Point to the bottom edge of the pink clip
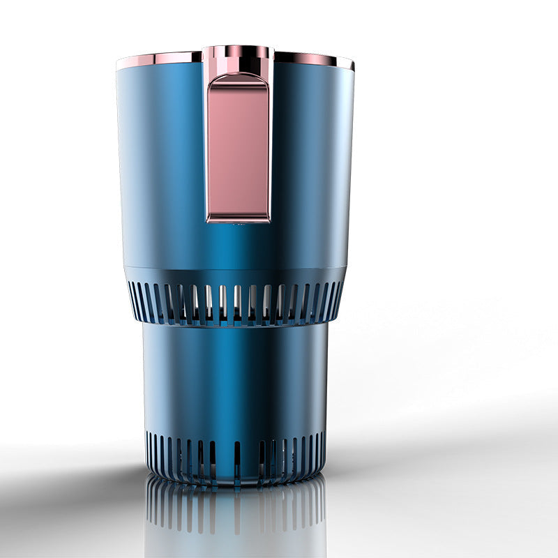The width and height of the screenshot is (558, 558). (x=238, y=219)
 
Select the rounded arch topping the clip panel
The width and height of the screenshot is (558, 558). (x=238, y=78)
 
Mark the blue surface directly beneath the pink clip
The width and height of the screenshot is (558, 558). (x=238, y=244)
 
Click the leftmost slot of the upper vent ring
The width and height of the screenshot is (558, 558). (x=133, y=296)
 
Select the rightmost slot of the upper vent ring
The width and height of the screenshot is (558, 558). (x=340, y=296)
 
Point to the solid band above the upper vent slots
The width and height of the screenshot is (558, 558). (x=236, y=274)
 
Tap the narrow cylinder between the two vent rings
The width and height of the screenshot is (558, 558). (x=236, y=377)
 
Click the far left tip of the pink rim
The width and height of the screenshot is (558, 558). (x=119, y=64)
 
